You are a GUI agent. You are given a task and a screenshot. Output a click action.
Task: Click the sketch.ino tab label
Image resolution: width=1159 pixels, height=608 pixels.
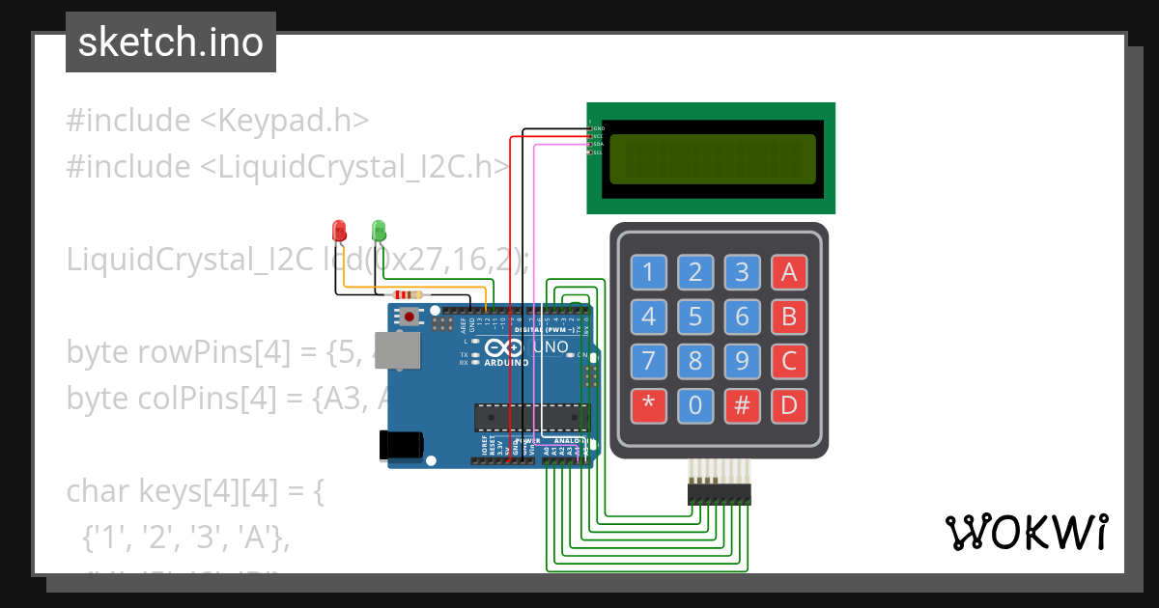170,42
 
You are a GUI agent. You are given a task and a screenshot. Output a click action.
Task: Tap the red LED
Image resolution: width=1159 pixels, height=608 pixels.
339,231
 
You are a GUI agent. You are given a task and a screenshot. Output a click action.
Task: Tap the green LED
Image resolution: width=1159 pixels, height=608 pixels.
379,231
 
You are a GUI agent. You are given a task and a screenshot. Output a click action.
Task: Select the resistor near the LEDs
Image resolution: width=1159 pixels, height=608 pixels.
406,295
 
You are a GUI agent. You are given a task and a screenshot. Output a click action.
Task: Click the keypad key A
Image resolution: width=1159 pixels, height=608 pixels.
788,273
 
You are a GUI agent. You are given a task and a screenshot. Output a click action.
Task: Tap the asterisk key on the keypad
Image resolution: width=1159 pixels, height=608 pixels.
648,405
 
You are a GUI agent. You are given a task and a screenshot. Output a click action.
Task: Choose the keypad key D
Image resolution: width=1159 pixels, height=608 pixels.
788,405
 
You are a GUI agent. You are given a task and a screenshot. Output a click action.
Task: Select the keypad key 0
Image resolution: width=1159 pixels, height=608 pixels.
695,405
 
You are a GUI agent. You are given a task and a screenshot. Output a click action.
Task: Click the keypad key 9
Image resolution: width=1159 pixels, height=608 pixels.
742,362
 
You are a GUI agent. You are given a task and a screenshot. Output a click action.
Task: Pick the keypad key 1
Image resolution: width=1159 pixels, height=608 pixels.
648,273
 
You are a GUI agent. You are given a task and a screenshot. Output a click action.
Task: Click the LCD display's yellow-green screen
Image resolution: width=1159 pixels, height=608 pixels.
712,158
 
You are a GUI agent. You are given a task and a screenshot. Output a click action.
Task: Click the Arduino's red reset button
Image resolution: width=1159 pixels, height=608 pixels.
410,316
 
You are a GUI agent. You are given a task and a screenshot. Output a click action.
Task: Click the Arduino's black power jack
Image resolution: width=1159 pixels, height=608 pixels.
401,444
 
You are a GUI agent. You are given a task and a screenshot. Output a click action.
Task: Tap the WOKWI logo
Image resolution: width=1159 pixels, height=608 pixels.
1026,532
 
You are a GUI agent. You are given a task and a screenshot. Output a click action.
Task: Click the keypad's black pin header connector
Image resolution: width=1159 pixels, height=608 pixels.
719,495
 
